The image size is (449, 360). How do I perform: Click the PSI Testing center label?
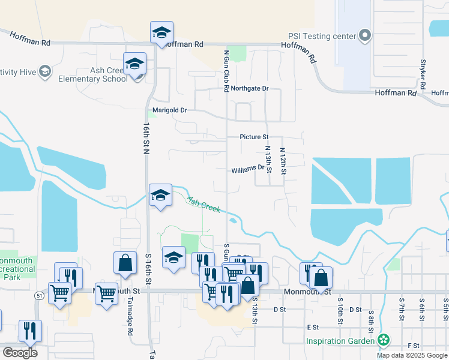pos(322,36)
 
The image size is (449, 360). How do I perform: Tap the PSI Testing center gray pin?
pos(365,36)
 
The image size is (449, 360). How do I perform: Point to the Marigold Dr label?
pos(170,110)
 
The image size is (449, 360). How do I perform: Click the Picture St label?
pos(253,137)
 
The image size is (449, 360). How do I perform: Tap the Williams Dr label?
pos(248,169)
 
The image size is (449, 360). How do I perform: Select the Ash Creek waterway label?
pos(203,205)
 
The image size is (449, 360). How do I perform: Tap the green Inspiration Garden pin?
pos(384,341)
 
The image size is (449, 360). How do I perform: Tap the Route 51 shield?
pos(38,295)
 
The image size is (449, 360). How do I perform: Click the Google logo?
pos(20,352)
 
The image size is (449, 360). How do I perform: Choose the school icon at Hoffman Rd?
pos(161,33)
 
